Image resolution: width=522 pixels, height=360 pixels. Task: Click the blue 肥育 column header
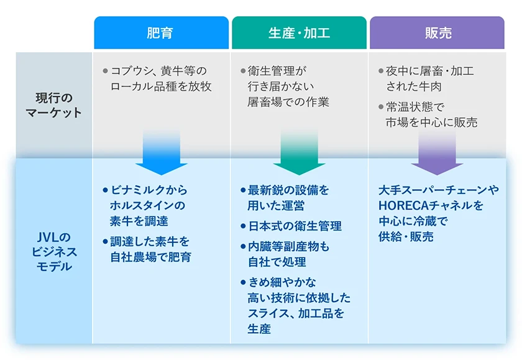161,33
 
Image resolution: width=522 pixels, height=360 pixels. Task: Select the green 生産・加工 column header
299,33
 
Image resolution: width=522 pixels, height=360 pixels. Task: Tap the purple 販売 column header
437,33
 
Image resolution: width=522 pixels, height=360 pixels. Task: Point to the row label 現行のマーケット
53,105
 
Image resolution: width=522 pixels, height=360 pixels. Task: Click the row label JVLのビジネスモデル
54,252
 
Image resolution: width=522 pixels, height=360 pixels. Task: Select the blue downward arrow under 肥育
161,153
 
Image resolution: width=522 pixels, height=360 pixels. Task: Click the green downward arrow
299,153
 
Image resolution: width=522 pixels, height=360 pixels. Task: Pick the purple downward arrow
437,153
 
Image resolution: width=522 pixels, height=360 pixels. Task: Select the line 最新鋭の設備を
288,190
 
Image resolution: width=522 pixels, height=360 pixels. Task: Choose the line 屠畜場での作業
288,101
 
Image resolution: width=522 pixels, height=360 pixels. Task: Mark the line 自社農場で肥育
150,256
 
